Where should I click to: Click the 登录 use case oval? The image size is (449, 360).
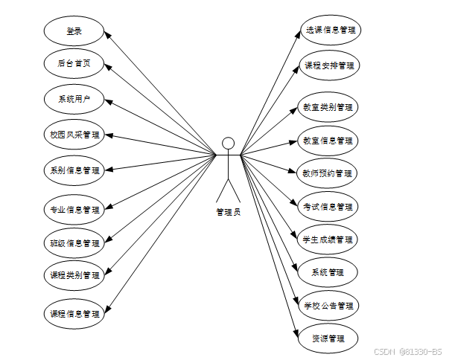click(x=74, y=31)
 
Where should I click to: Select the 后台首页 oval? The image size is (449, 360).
click(x=74, y=65)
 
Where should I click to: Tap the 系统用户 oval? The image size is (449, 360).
click(x=74, y=99)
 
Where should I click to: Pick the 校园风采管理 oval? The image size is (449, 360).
click(x=74, y=135)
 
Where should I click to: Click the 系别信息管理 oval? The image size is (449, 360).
click(x=74, y=170)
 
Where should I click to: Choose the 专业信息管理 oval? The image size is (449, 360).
click(x=74, y=210)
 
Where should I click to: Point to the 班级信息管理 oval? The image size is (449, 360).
click(x=74, y=243)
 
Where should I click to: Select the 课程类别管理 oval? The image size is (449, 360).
click(x=74, y=276)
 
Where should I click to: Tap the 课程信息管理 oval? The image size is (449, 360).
click(x=74, y=314)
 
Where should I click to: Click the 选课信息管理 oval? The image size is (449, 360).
click(x=328, y=31)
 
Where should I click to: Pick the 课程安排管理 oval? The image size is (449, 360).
click(x=328, y=65)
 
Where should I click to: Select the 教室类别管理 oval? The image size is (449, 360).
click(x=328, y=107)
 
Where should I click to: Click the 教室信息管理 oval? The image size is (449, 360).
click(x=328, y=141)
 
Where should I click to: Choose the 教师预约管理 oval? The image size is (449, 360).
click(x=328, y=174)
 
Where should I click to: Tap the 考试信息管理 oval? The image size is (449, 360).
click(x=328, y=207)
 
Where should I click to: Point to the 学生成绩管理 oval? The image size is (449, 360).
click(x=328, y=240)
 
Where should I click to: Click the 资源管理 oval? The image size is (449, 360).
click(x=328, y=339)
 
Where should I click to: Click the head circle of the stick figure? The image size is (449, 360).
click(x=229, y=144)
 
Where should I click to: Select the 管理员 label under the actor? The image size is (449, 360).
click(x=229, y=212)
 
